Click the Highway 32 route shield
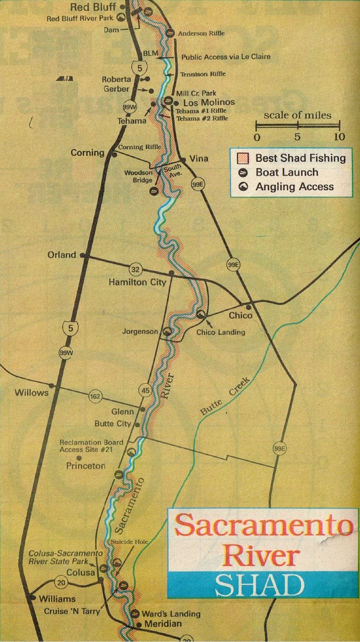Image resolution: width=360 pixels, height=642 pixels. click(x=135, y=270)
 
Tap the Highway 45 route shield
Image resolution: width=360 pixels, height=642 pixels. click(x=145, y=390)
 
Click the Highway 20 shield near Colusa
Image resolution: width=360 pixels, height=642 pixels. click(x=61, y=582)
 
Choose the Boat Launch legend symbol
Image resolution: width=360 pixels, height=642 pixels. click(x=244, y=173)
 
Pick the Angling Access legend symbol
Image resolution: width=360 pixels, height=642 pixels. click(x=244, y=187)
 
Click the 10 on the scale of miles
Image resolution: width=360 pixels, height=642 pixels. click(x=339, y=137)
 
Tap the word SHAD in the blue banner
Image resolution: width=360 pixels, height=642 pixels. click(x=260, y=586)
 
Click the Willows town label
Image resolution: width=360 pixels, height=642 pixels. click(x=32, y=393)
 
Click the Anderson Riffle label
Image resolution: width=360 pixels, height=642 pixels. click(x=201, y=33)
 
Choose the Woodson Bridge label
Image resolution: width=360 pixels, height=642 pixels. click(x=138, y=177)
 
